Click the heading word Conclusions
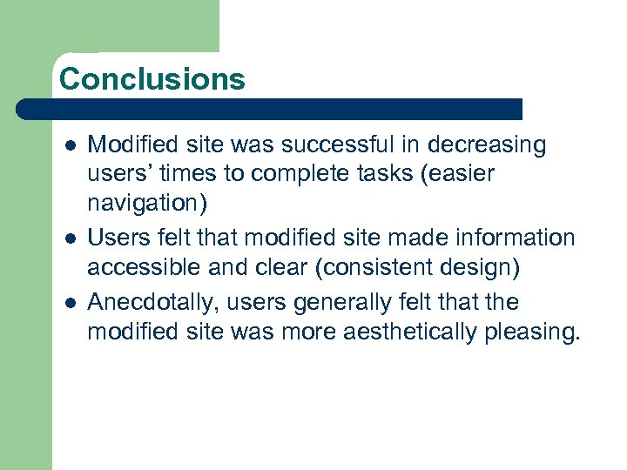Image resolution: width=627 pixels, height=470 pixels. [152, 79]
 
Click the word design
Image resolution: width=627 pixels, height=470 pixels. [480, 268]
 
